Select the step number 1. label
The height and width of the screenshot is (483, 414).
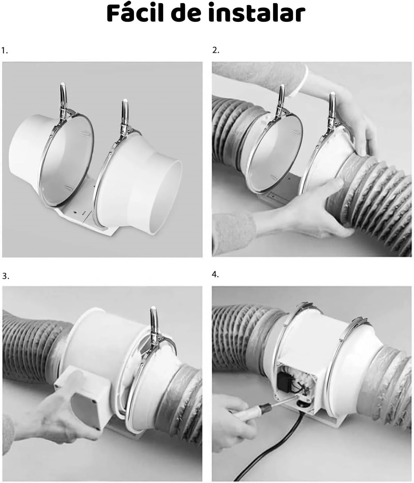coord(5,50)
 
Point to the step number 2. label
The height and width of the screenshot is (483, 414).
coord(216,50)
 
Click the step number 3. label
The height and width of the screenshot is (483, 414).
coord(6,276)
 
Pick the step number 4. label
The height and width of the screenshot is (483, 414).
coord(215,275)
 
